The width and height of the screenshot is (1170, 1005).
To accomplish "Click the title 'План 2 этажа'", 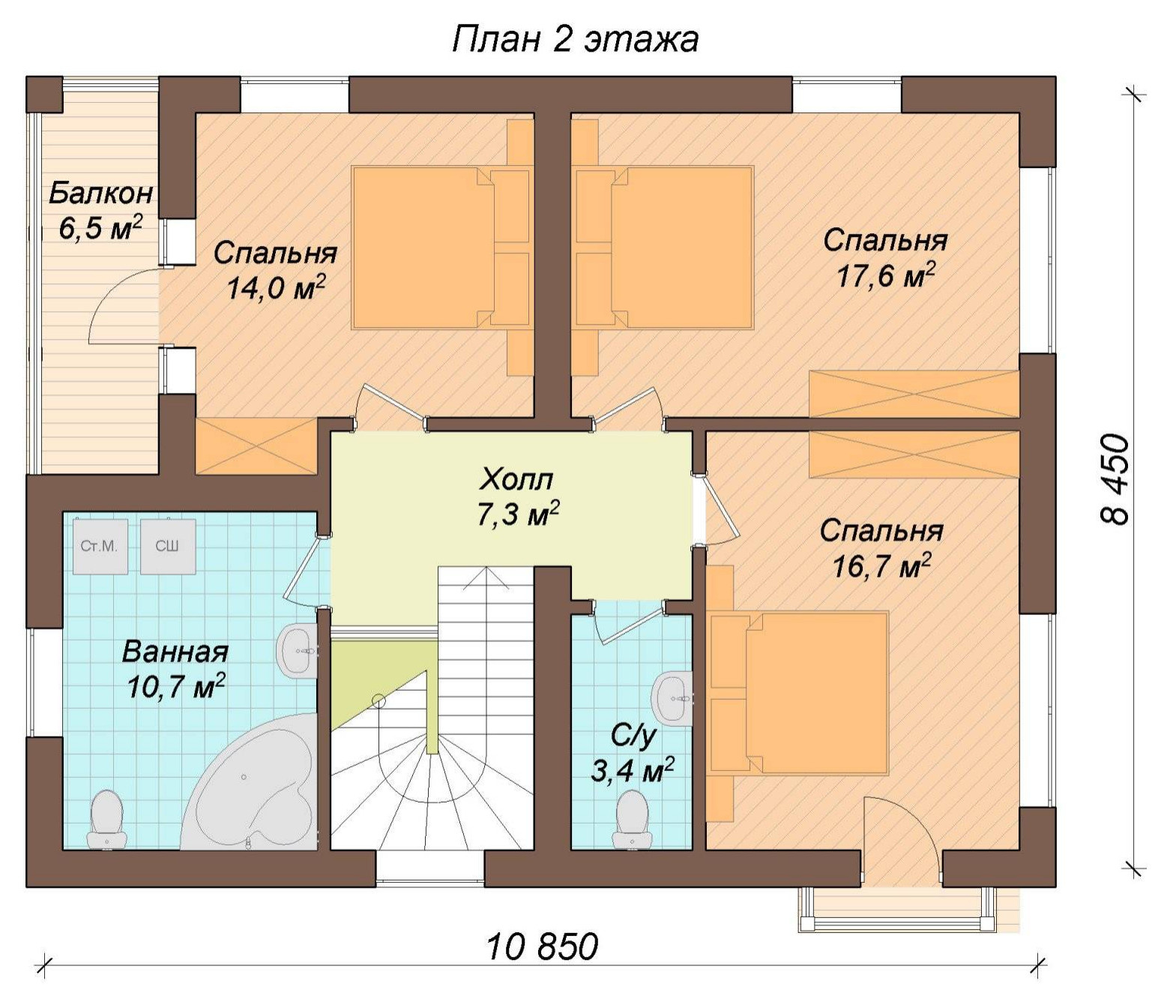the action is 575,40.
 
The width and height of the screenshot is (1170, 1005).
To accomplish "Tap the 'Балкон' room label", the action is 100,193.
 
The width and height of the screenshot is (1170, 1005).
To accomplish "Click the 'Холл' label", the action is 516,481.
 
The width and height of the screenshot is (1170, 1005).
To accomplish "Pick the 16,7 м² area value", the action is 881,566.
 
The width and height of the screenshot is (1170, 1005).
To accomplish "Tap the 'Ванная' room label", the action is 175,652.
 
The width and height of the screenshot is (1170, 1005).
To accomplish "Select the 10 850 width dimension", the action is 542,946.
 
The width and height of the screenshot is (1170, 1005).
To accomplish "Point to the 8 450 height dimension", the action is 1115,481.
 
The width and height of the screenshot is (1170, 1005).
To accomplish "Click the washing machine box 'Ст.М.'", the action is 99,546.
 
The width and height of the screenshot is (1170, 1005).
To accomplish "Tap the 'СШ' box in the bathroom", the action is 168,546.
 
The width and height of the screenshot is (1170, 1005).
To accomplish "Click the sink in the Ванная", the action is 298,651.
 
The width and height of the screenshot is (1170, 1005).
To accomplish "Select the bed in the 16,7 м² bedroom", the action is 799,693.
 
